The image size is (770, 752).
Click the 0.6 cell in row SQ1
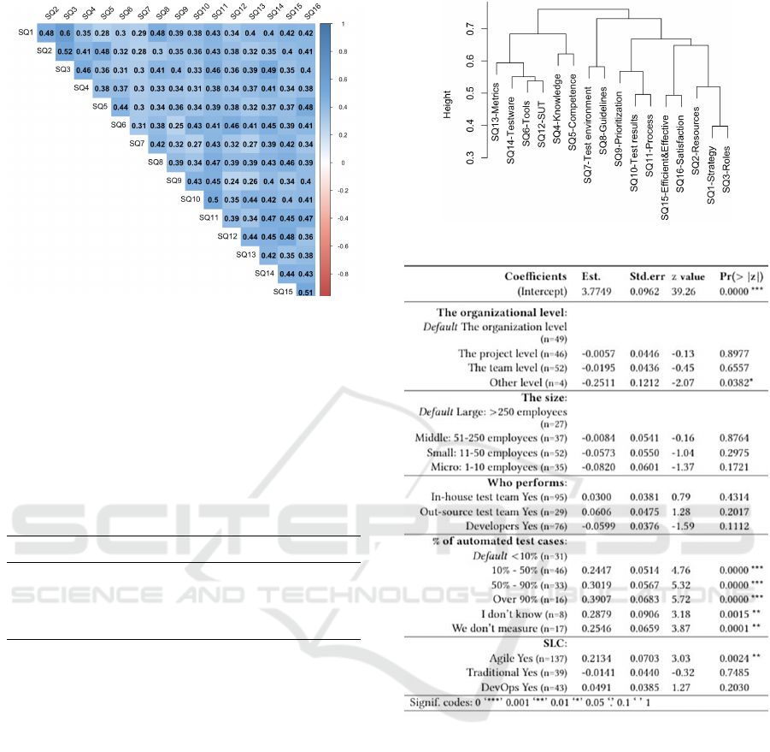tap(67, 33)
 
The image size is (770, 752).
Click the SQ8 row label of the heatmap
tap(156, 162)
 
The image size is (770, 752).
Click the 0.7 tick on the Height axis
tap(471, 30)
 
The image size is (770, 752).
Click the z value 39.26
tap(690, 290)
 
